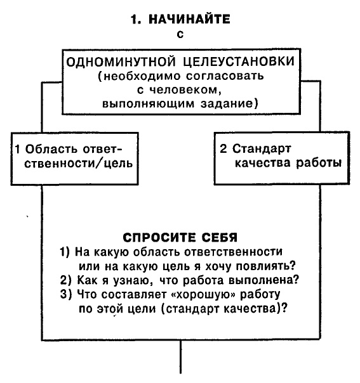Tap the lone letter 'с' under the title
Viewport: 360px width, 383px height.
[x=180, y=36]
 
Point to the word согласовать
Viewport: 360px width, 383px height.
[x=227, y=76]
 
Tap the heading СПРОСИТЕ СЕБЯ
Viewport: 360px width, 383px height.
[x=180, y=238]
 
